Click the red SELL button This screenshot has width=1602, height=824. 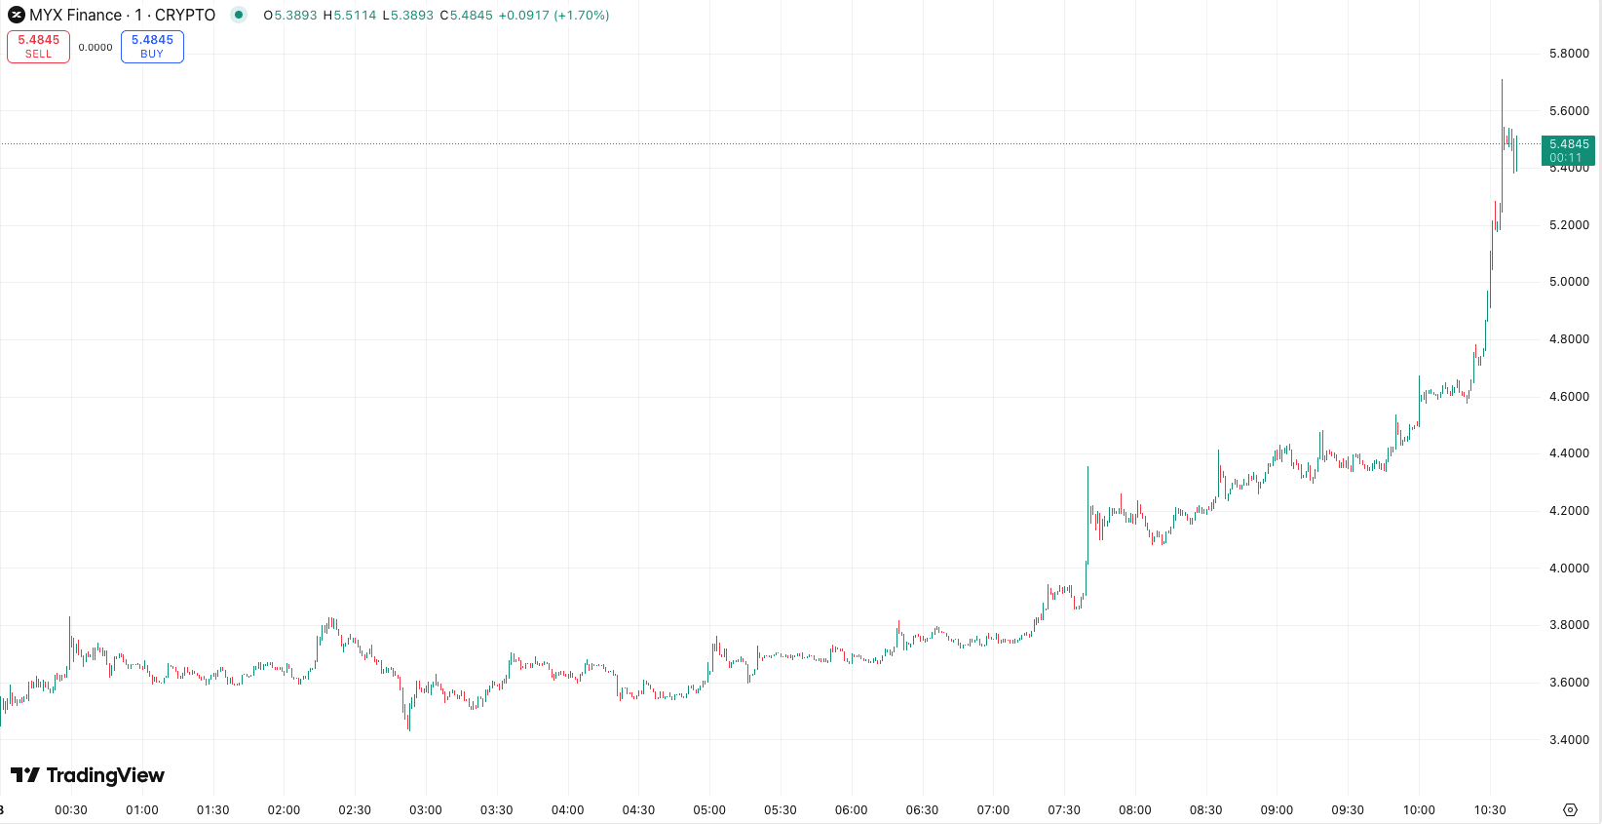point(38,47)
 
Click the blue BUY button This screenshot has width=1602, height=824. point(152,47)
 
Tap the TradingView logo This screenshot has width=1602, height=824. point(88,775)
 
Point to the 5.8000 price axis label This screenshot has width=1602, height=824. point(1568,54)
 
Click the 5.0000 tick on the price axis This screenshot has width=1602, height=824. point(1568,282)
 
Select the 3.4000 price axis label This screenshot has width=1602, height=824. point(1568,740)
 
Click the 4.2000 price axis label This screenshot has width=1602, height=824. point(1568,511)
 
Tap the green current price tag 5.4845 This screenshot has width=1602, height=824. point(1568,150)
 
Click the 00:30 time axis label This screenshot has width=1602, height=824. point(71,810)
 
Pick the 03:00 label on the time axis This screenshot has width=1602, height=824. point(426,810)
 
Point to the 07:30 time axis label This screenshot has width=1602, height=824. point(1064,810)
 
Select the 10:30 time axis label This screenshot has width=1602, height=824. point(1490,810)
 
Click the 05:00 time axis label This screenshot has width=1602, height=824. point(709,810)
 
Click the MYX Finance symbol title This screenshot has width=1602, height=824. point(122,15)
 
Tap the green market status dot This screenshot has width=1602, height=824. point(239,15)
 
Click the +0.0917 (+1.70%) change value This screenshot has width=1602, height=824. point(553,16)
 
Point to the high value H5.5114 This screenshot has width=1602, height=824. point(349,16)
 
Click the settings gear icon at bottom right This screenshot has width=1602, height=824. point(1570,810)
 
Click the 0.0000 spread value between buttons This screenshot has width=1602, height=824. point(95,47)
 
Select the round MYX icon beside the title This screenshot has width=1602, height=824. point(17,15)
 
